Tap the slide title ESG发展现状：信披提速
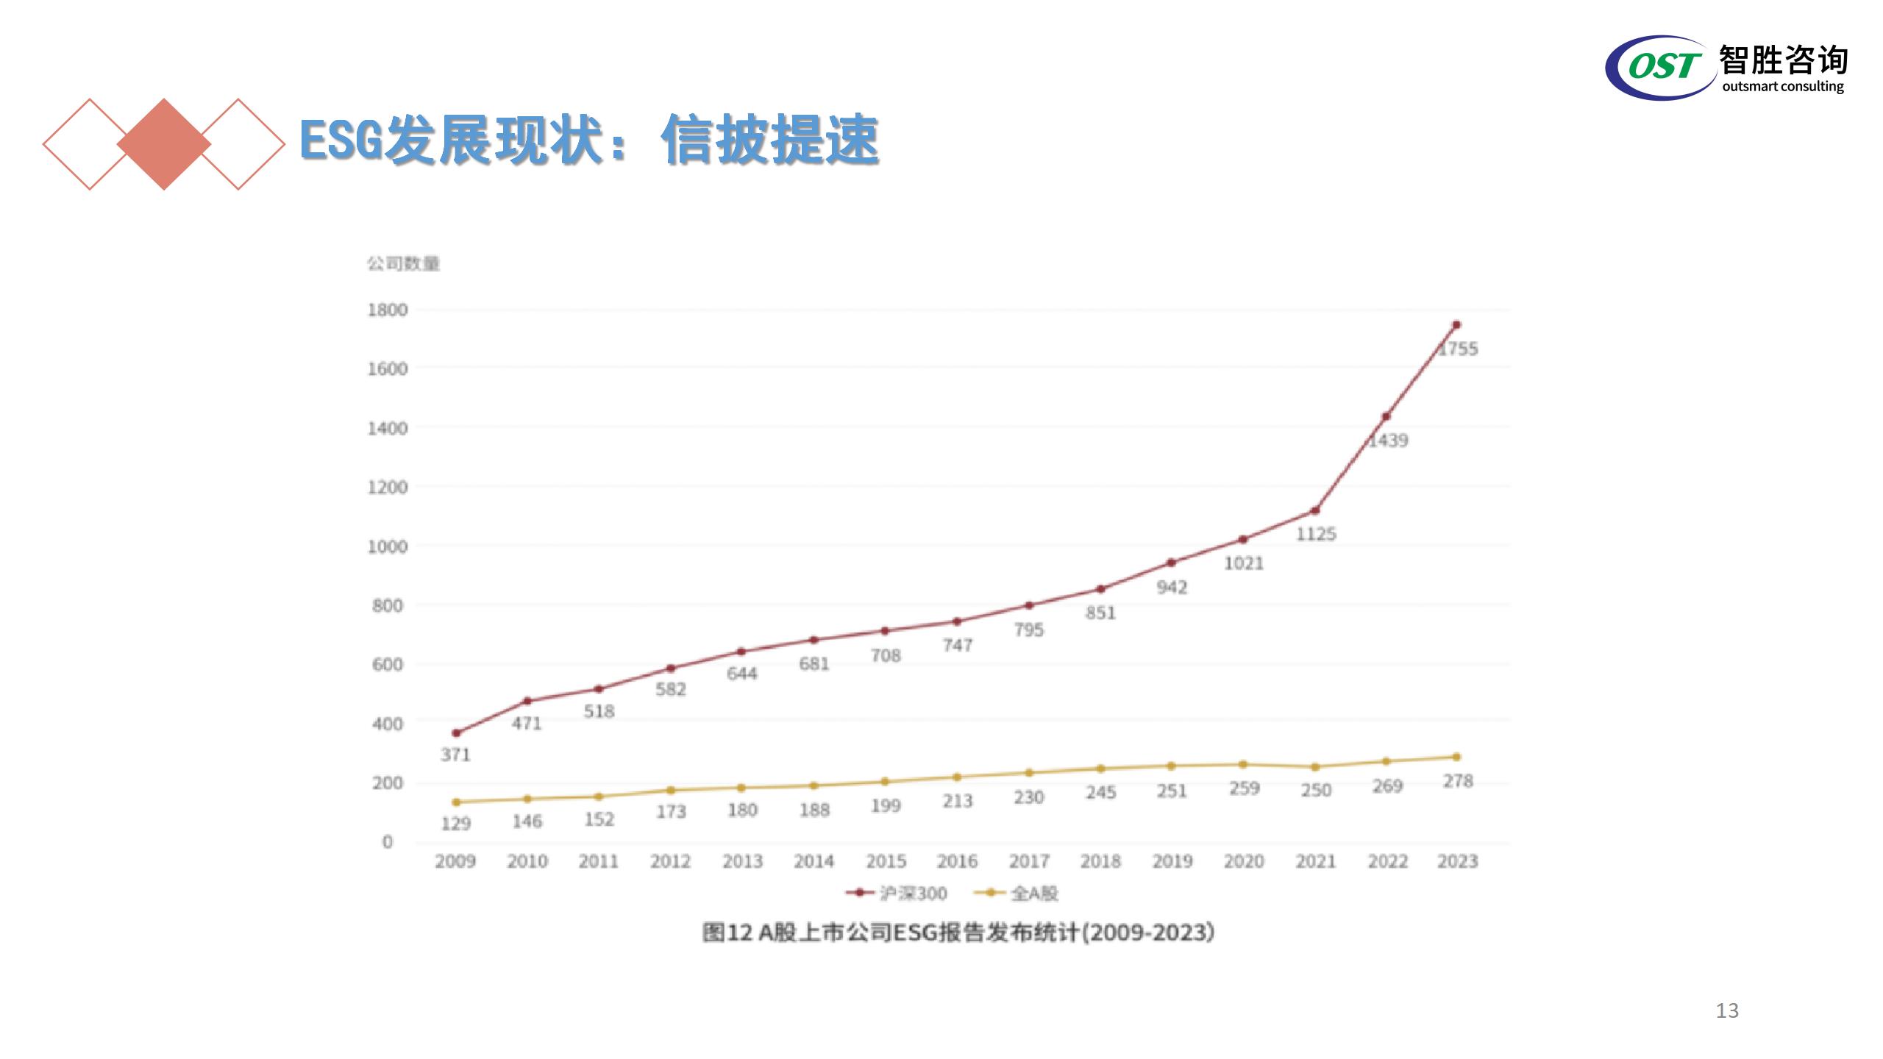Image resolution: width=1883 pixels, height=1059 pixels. pos(588,140)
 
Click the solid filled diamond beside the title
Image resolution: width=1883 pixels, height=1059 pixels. pos(164,144)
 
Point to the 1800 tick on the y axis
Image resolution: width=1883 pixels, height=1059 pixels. pos(388,310)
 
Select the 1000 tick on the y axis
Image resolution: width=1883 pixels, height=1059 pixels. pos(388,546)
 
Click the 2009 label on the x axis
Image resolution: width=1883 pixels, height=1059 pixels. pos(455,861)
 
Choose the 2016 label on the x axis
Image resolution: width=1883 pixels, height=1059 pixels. pos(957,861)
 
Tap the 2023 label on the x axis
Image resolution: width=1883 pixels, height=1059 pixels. pos(1458,861)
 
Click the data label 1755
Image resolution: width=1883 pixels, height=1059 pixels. pos(1459,349)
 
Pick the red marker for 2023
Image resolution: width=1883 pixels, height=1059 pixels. pos(1456,324)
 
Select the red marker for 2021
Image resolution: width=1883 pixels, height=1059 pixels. pos(1315,510)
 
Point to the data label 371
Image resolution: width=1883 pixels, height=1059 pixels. pos(455,755)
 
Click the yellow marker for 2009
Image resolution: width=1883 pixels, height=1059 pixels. pos(456,802)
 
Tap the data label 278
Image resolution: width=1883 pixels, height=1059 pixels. pos(1458,781)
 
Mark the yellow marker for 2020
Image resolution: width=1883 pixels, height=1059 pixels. pos(1243,765)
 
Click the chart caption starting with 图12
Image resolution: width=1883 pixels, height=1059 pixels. pos(958,933)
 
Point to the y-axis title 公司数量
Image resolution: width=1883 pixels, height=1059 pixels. pos(403,263)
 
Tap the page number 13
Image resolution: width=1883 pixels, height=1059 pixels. pos(1727,1010)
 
